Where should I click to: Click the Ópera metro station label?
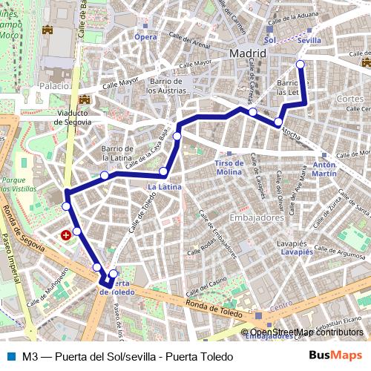click(146, 36)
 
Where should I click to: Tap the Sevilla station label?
click(308, 40)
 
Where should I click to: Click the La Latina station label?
click(164, 187)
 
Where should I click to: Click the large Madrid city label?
click(248, 54)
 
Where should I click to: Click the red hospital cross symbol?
click(67, 234)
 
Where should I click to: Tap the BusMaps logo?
click(340, 355)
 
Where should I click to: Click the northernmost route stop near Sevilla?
click(301, 65)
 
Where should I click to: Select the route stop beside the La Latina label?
click(163, 172)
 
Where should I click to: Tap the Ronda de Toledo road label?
click(214, 303)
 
